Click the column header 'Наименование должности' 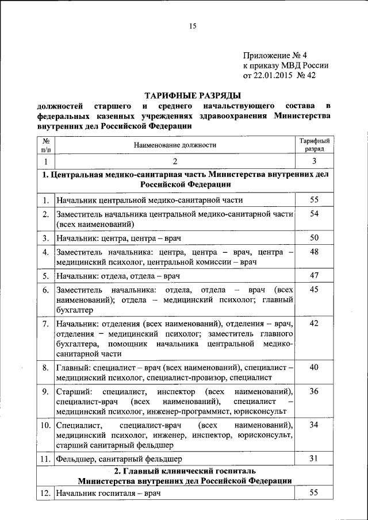175,145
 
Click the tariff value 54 314,214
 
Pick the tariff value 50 314,237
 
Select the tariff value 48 314,252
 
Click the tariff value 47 314,275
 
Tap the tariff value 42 314,323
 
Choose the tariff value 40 314,367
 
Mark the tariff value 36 314,391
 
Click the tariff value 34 314,425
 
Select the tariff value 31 314,458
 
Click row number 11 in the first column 45,459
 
